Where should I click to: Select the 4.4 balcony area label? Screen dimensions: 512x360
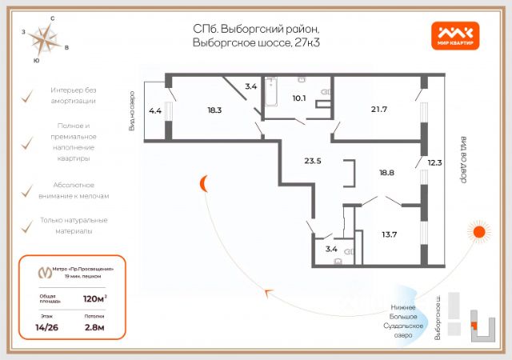coord(155,111)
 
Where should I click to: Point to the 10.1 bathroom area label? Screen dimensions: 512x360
coord(299,98)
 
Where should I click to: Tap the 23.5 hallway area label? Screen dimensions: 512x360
coord(313,161)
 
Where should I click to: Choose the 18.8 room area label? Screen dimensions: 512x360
coord(388,171)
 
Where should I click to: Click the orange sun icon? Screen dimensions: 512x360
coord(479,233)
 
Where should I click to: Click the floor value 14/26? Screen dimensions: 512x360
coord(50,327)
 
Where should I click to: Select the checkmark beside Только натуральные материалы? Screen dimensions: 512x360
coord(26,225)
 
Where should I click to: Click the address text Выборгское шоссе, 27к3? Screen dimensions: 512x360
coord(256,42)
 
